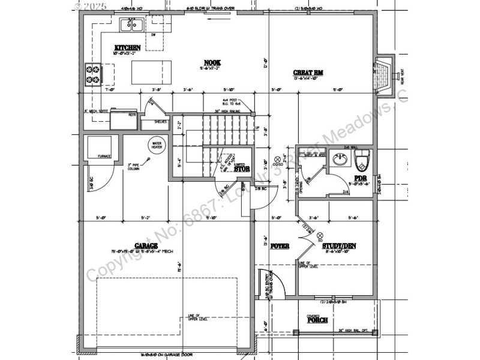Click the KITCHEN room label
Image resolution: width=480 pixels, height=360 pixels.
[x=128, y=47]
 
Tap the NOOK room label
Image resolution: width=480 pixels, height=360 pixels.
[x=212, y=62]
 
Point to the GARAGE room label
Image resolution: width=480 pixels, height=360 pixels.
[x=146, y=245]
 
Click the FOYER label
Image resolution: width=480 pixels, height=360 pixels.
[x=280, y=246]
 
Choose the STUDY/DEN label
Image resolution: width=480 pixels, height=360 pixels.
[x=340, y=246]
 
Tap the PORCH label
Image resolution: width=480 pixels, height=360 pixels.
[x=317, y=320]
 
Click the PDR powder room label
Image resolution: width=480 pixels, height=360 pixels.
[x=360, y=178]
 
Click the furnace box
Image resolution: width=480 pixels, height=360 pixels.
[x=100, y=148]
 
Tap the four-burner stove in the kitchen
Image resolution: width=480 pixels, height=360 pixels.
[x=93, y=73]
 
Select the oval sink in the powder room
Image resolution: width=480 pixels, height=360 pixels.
[x=340, y=160]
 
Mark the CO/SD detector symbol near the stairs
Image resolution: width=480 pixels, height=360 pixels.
[x=277, y=161]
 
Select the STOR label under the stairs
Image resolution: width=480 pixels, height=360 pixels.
[x=242, y=169]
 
